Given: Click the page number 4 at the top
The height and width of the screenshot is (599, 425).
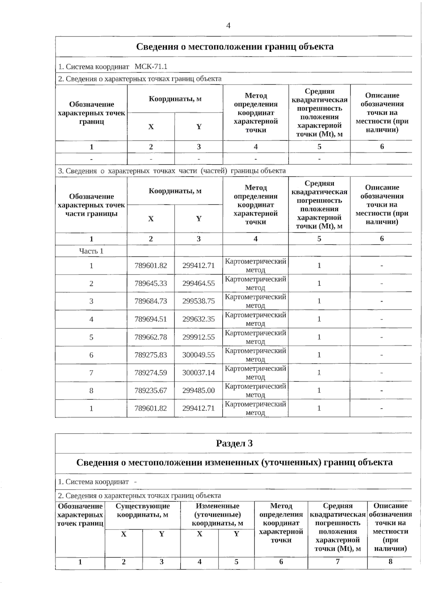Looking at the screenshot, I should tap(228, 26).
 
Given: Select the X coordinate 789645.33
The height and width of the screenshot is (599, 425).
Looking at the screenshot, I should tap(151, 283).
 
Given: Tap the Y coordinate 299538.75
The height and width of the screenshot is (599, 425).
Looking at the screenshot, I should tap(198, 301).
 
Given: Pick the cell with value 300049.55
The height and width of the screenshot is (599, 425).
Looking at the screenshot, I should tap(198, 355).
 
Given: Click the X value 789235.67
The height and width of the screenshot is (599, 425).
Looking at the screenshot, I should tap(151, 391).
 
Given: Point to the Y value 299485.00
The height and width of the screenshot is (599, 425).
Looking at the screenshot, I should tap(198, 391).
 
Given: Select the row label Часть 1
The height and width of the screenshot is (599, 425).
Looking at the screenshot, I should tap(91, 251).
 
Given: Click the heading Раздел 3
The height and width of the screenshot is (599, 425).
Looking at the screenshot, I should tap(234, 443).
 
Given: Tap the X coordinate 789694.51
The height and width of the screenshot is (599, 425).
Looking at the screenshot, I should tap(151, 319).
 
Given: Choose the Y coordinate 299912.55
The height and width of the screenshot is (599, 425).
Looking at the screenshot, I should tap(198, 337).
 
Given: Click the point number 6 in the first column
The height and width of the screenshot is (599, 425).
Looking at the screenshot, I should tap(91, 355).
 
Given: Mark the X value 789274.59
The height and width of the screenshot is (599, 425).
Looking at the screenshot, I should tap(151, 373).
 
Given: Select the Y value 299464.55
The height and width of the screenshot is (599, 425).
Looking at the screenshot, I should tap(198, 283).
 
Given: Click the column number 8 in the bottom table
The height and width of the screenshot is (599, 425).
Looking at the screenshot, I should tap(390, 562).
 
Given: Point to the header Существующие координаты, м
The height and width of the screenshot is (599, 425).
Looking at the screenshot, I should tap(142, 510).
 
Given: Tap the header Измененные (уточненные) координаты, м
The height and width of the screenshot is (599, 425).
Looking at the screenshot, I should tap(217, 515).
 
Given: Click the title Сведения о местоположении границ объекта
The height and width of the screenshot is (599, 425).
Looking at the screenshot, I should tap(234, 47).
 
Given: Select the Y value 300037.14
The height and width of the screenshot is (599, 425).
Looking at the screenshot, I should tap(198, 373).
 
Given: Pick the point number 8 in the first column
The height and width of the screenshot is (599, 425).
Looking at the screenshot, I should tap(91, 391).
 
